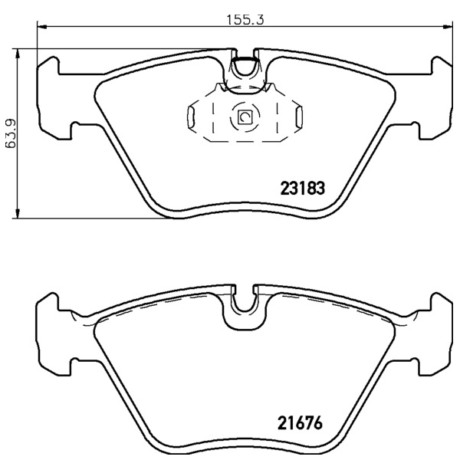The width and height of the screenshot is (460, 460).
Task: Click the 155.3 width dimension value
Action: pyautogui.click(x=245, y=20)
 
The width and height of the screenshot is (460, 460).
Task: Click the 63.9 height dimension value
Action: pyautogui.click(x=11, y=133)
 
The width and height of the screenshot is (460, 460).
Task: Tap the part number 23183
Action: pyautogui.click(x=303, y=188)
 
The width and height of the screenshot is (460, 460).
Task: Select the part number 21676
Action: pyautogui.click(x=300, y=422)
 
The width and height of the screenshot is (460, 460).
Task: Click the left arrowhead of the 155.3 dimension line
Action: pyautogui.click(x=42, y=27)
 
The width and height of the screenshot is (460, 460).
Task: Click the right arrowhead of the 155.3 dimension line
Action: pyautogui.click(x=447, y=27)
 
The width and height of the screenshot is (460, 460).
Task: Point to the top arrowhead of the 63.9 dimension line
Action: pyautogui.click(x=18, y=54)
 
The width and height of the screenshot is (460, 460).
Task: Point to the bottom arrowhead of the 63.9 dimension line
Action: pyautogui.click(x=18, y=213)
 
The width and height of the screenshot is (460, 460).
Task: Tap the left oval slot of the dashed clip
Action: pyautogui.click(x=191, y=117)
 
